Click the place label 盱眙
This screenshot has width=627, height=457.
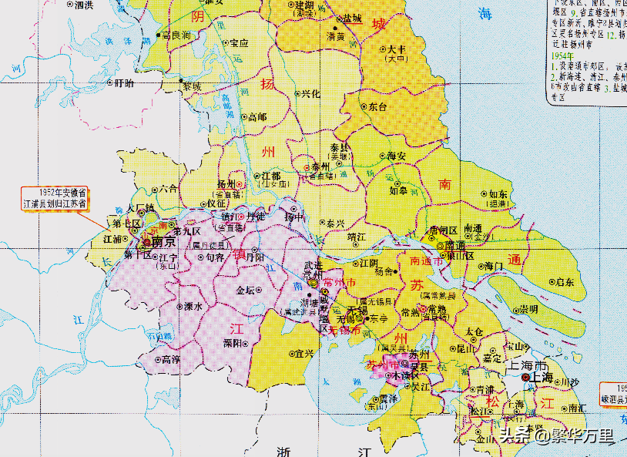(123, 82)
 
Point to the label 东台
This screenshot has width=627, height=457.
(377, 107)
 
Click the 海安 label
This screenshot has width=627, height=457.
(395, 156)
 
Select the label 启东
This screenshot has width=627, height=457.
(565, 282)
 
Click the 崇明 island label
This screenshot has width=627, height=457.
(528, 308)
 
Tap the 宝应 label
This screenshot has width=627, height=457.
(238, 43)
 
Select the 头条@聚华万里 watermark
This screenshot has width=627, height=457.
(556, 436)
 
